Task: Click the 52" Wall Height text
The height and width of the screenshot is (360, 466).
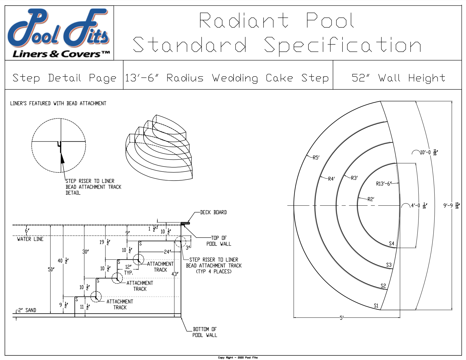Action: coord(398,78)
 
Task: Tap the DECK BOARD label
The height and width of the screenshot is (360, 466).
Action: coord(213,212)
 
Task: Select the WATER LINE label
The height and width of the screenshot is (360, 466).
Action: coord(30,239)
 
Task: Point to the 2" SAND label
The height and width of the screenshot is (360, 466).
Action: coord(27,310)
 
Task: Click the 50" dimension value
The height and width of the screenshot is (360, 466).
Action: coord(51,269)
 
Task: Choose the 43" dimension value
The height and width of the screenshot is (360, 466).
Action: coord(175,274)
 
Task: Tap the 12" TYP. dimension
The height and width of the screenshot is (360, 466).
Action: coord(128,270)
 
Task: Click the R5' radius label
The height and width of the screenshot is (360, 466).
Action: coord(316,158)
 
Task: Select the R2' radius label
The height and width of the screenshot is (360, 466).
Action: coord(371,199)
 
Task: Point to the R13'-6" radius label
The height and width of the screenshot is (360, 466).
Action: coord(384,184)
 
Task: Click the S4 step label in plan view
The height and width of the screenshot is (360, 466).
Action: coord(391,244)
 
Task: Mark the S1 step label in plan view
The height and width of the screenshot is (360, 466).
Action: coord(376,306)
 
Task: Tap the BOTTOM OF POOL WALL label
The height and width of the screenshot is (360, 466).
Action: coord(205,332)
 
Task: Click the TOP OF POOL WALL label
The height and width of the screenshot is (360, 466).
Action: coord(219,241)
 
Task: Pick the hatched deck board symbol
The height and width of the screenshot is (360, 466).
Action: coord(185,223)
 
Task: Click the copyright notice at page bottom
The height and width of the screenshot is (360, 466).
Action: coord(238,358)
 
